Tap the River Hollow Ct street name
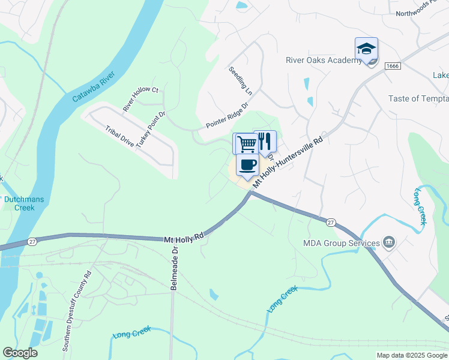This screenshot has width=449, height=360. point(140,99)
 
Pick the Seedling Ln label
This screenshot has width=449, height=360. point(240,81)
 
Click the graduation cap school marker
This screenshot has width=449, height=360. point(366,49)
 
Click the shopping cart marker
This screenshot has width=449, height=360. point(244,143)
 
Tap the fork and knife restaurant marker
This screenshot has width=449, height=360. point(265,141)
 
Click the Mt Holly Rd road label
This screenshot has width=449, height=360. point(184,238)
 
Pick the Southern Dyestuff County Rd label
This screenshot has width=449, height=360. point(77,311)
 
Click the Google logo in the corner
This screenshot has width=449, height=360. point(20,353)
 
